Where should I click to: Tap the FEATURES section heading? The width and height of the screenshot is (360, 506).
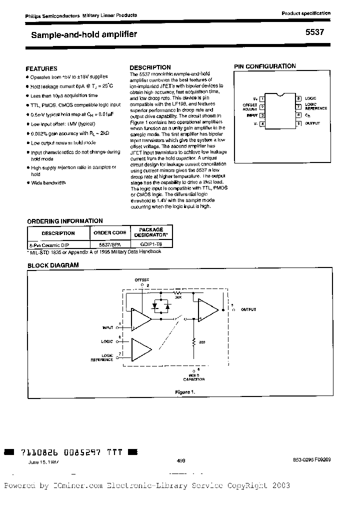tap(41, 68)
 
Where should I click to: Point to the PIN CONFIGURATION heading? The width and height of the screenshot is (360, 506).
tap(265, 66)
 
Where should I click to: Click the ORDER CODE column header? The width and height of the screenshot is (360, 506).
tap(109, 232)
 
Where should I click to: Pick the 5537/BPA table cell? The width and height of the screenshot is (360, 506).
tap(109, 245)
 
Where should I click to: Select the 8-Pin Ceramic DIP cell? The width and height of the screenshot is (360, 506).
tap(50, 245)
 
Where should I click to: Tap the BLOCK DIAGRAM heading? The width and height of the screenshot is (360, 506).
tap(53, 265)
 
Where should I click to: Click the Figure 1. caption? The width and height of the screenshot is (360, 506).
tap(184, 392)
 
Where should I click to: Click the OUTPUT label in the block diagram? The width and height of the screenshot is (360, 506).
tap(248, 309)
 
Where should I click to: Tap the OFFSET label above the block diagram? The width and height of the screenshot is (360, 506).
tap(142, 280)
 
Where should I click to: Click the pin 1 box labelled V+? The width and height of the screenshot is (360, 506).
tap(262, 99)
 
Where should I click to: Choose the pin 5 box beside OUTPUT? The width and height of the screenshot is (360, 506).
tap(298, 122)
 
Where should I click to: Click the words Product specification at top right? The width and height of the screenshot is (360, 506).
tap(306, 13)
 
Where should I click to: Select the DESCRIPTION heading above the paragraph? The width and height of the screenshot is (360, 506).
tap(150, 67)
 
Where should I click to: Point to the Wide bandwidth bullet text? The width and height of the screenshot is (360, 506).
tap(48, 182)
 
